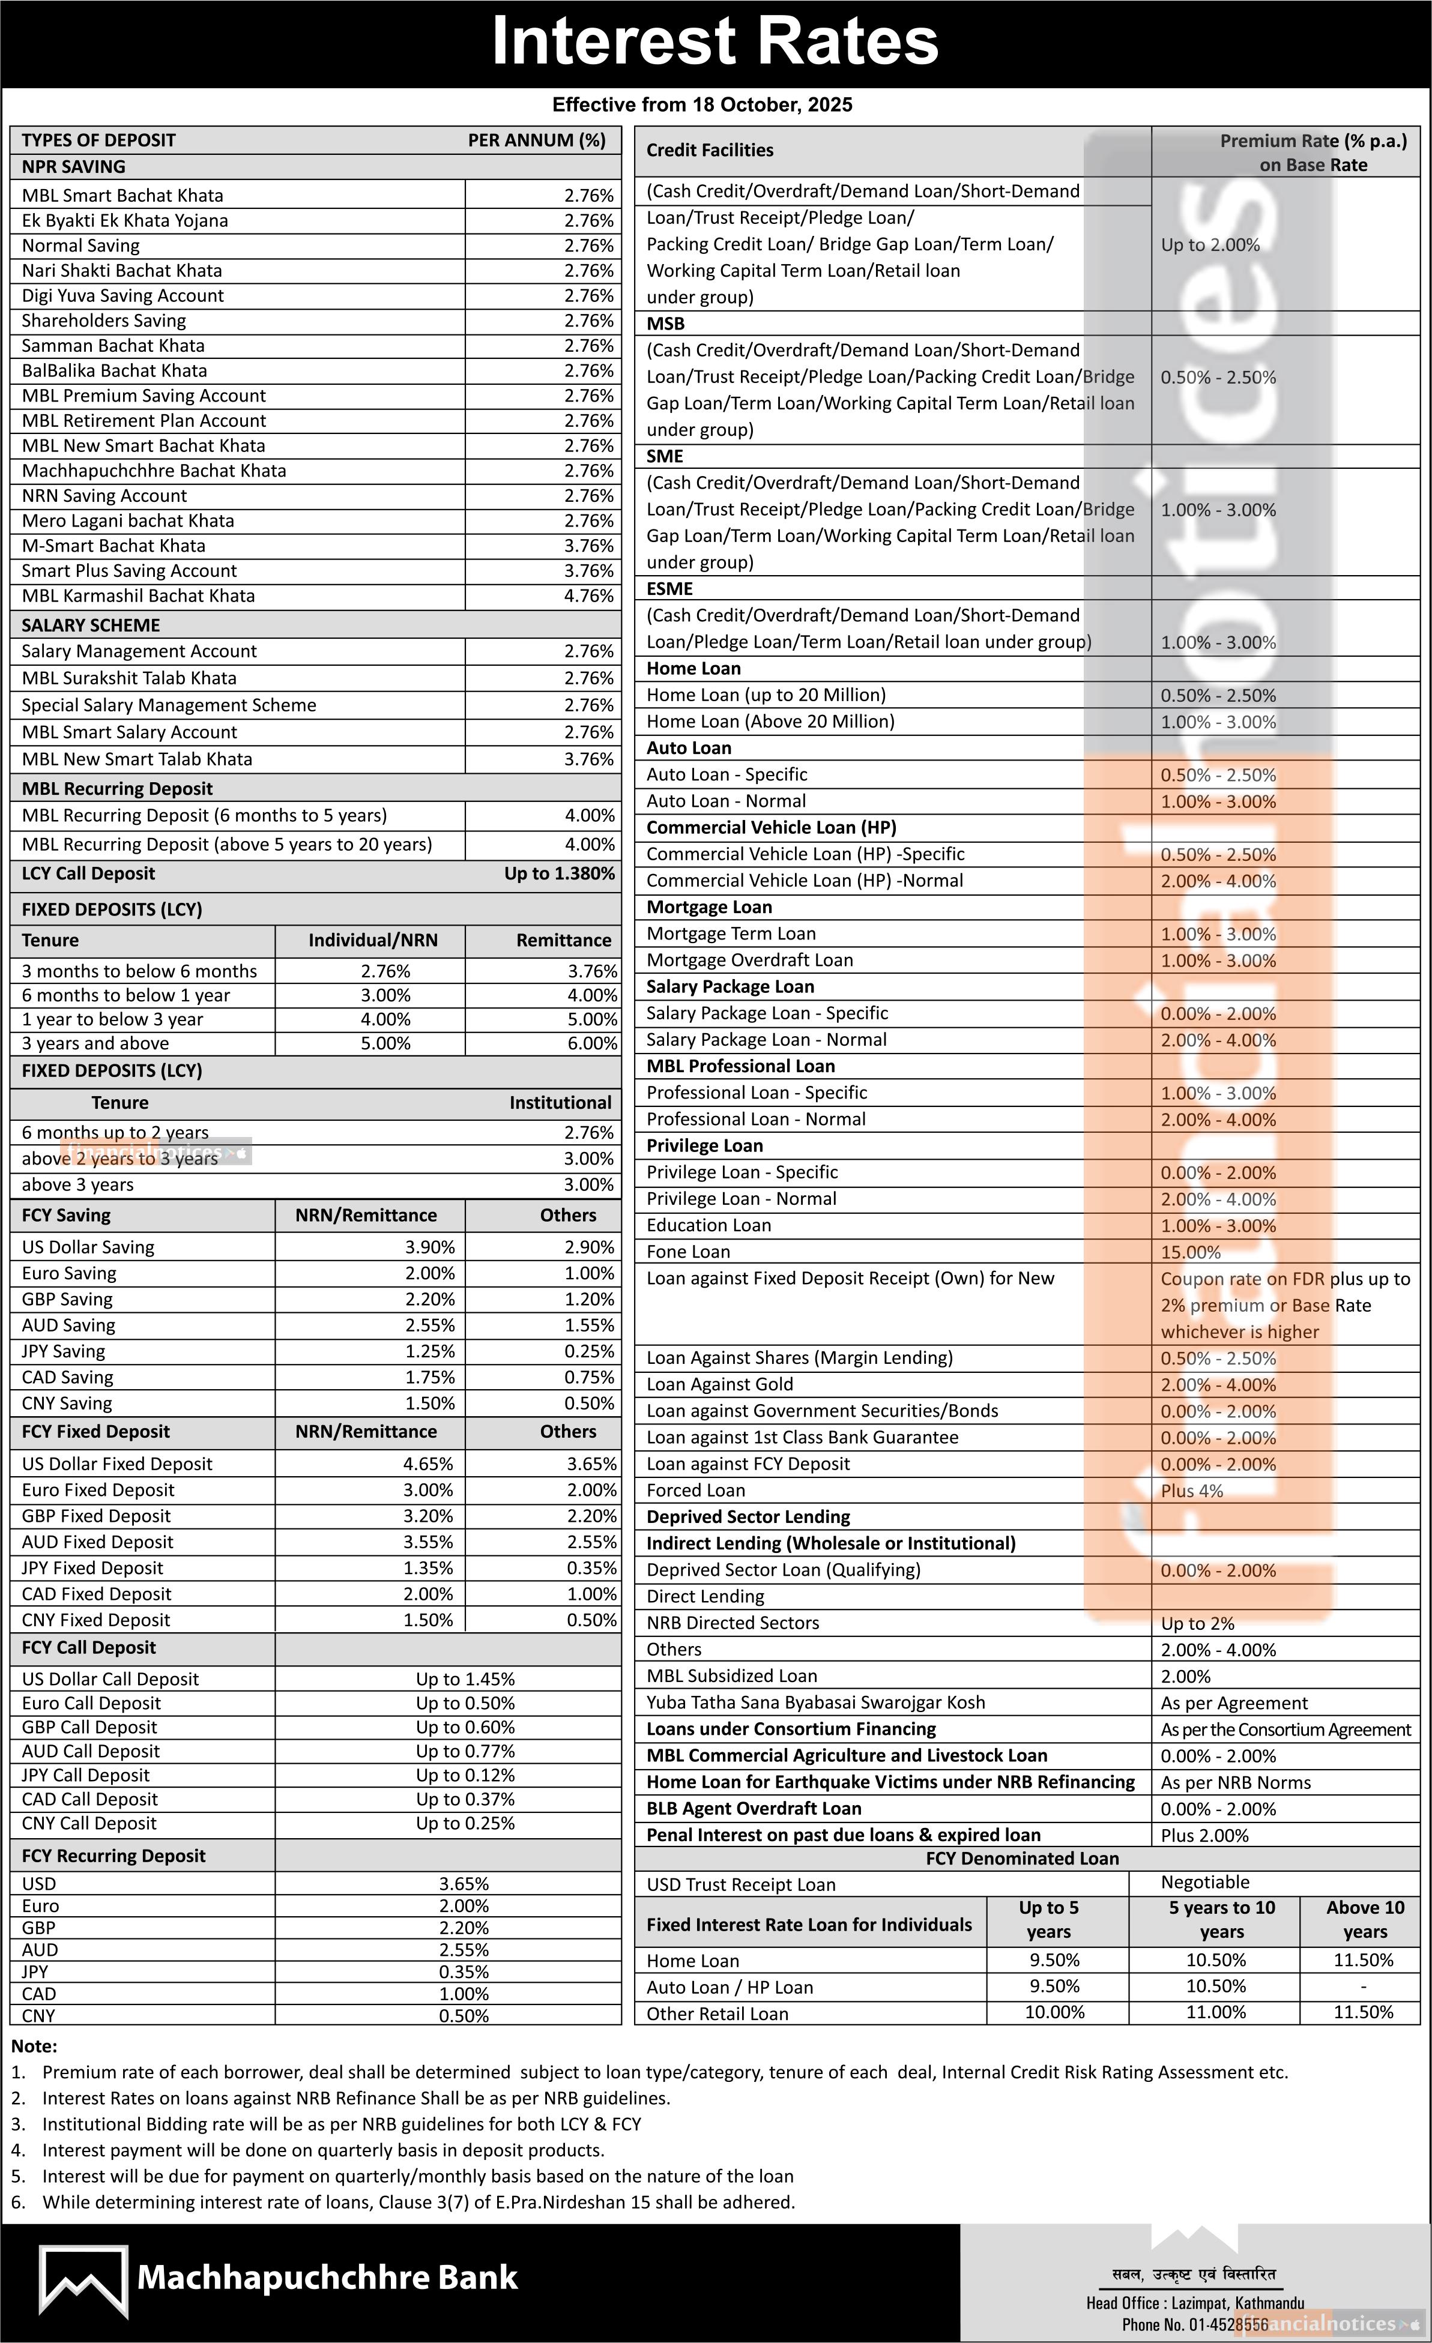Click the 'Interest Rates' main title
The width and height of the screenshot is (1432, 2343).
coord(715,42)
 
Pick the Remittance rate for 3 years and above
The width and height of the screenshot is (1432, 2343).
coord(591,1043)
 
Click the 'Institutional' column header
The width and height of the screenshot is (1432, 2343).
coord(560,1102)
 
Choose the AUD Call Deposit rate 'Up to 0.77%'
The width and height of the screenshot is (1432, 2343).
coord(465,1752)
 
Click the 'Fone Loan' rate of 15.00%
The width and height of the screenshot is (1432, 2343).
coord(1191,1252)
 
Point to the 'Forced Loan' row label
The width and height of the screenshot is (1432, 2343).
coord(695,1491)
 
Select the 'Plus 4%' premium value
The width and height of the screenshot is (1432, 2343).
coord(1191,1491)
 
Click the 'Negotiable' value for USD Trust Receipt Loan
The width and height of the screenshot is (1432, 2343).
coord(1205,1882)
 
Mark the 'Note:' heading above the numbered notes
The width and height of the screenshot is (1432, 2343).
coord(34,2046)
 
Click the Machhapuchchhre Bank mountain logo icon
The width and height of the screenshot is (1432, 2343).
coord(83,2279)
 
